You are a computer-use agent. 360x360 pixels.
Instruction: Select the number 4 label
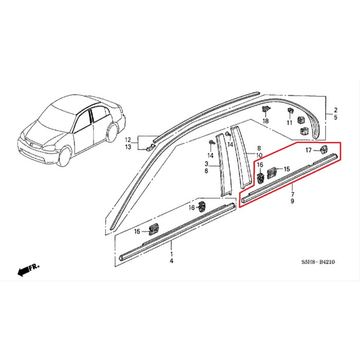(172, 262)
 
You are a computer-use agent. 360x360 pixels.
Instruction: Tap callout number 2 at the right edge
(335, 110)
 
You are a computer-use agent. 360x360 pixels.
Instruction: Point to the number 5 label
(335, 117)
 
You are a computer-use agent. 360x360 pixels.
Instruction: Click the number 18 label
(266, 121)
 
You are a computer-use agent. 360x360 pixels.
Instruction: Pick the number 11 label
(289, 123)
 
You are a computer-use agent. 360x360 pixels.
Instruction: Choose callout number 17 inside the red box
(309, 150)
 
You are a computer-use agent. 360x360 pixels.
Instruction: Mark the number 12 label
(128, 139)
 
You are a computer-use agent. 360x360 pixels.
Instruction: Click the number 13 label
(128, 147)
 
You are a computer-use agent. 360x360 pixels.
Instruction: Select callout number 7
(292, 195)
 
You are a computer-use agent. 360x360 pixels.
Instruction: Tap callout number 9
(292, 202)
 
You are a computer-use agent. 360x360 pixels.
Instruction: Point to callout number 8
(259, 148)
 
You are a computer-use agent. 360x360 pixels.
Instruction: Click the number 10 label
(259, 155)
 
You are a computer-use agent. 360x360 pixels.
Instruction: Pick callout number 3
(206, 163)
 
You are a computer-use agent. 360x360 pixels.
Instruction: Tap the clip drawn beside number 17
(324, 149)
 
